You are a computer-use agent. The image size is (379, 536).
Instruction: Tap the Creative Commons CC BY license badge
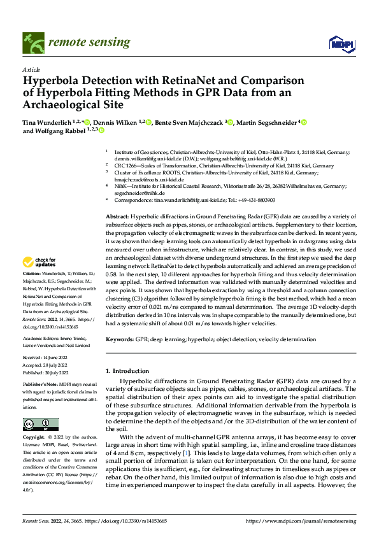point(40,425)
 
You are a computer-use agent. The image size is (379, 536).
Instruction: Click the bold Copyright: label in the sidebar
point(34,438)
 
